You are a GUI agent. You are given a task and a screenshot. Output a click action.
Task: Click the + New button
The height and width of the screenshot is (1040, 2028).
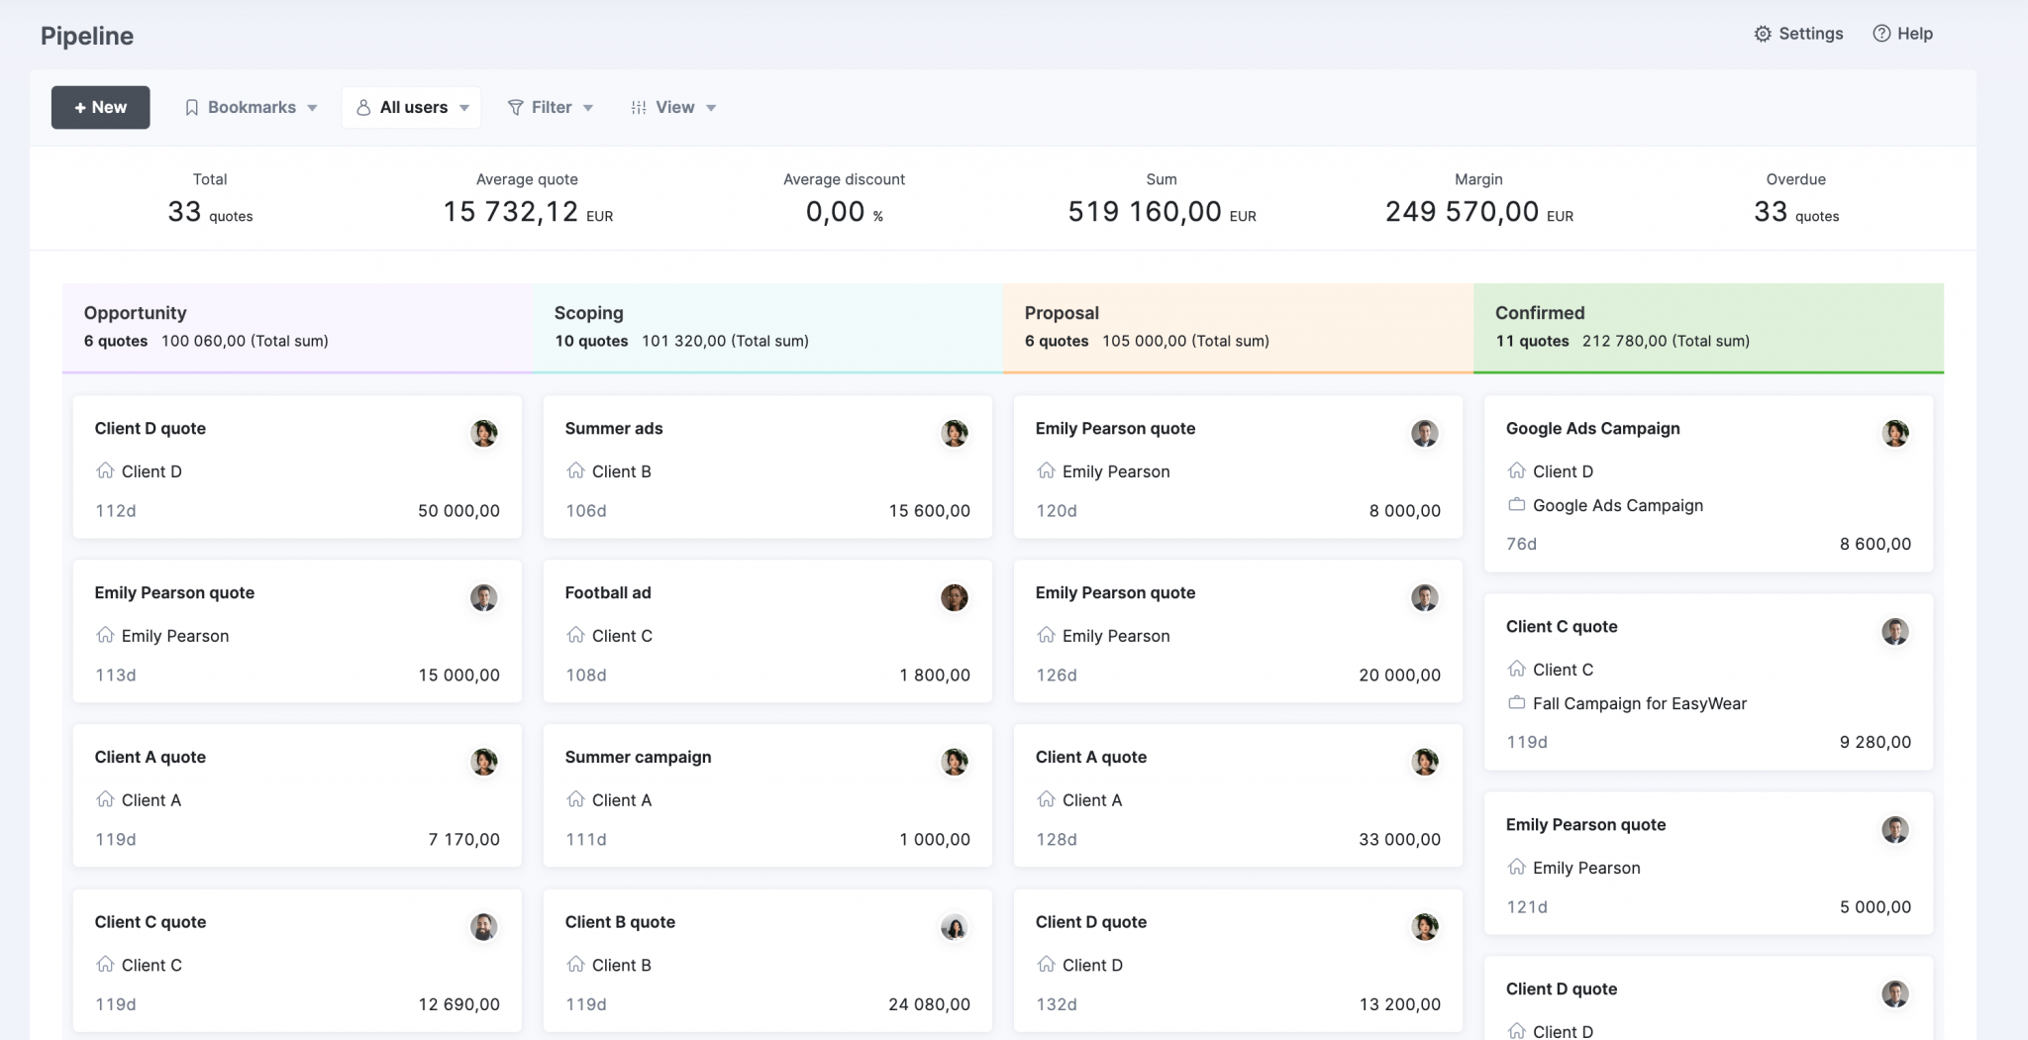coord(100,107)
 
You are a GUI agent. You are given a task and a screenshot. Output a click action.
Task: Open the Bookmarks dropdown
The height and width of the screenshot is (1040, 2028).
coord(252,107)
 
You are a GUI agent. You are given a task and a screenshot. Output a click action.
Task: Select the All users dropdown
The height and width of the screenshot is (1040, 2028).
coord(412,107)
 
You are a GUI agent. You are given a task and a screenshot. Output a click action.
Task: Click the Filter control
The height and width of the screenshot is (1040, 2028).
coord(551,107)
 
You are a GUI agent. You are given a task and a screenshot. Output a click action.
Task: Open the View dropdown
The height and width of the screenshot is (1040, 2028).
coord(673,107)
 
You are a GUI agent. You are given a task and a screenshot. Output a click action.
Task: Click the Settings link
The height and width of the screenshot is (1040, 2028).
coord(1798,34)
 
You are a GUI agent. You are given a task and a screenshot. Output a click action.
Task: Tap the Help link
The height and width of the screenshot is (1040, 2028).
coord(1903,34)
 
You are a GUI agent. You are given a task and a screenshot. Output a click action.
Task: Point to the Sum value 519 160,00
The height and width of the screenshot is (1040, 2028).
coord(1145,211)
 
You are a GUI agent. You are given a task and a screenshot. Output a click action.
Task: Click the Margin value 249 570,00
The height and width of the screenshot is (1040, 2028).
coord(1462,211)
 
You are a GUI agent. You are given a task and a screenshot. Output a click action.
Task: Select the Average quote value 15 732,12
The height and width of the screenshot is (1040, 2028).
coord(510,211)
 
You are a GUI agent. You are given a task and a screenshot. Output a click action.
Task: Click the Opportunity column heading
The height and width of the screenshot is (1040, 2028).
coord(135,313)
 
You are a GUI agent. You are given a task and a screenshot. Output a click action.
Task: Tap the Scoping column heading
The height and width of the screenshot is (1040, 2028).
coord(588,313)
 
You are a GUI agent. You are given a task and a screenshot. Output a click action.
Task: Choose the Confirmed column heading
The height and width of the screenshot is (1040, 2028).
coord(1540,313)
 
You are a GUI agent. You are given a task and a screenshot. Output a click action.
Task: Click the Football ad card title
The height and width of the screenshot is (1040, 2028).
coord(608,592)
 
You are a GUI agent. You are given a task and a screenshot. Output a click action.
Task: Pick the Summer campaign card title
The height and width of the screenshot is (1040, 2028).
coord(638,757)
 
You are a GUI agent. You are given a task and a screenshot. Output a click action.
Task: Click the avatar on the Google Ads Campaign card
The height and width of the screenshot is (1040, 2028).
coord(1894,433)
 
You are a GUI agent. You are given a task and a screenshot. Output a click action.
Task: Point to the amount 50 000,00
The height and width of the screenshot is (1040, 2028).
coord(458,511)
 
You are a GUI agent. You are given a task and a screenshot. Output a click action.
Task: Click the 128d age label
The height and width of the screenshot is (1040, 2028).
coord(1057,839)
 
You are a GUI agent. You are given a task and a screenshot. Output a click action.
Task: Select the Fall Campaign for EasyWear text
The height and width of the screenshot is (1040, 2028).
coord(1639,703)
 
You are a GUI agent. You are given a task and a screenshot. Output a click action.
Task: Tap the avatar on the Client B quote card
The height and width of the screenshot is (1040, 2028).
coord(954,927)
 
